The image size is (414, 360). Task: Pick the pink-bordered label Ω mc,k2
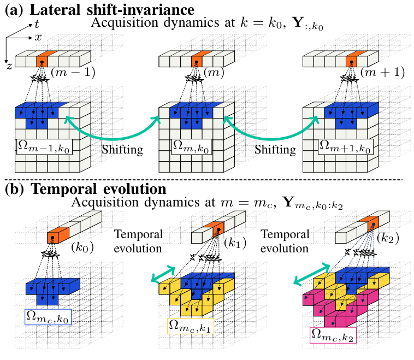point(333,334)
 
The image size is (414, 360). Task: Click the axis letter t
point(36,24)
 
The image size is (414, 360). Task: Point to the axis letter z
point(10,66)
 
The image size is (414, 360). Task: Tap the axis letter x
point(38,38)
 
